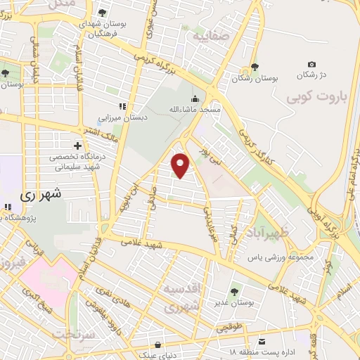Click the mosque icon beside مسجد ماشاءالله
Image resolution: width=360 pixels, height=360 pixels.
195,98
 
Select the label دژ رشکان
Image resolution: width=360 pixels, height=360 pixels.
311,75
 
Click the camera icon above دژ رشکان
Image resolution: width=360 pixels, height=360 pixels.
311,65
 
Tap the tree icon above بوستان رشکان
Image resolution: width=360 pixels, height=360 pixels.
253,68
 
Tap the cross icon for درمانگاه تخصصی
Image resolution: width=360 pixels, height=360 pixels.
77,145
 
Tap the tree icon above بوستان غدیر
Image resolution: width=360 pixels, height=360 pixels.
234,291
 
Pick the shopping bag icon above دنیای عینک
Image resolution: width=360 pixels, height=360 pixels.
159,345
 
